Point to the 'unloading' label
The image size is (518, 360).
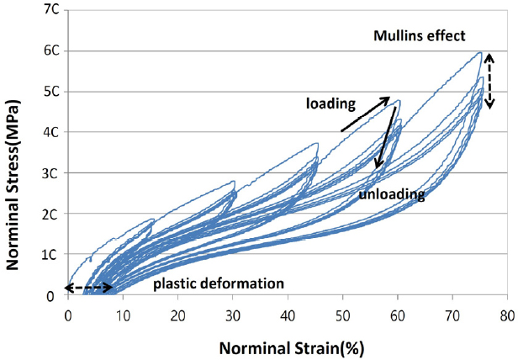[x=391, y=195]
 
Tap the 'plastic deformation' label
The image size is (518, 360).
[x=219, y=283]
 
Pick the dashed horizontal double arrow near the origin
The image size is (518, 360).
[x=89, y=288]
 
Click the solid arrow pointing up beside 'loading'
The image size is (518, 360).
[x=366, y=114]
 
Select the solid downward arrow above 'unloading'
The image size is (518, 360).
[x=387, y=135]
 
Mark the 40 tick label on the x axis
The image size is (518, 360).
[x=288, y=314]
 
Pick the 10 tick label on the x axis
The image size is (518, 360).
[x=123, y=314]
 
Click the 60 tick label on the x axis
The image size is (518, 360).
[x=398, y=314]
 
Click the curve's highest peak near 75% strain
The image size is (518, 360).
[x=479, y=52]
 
